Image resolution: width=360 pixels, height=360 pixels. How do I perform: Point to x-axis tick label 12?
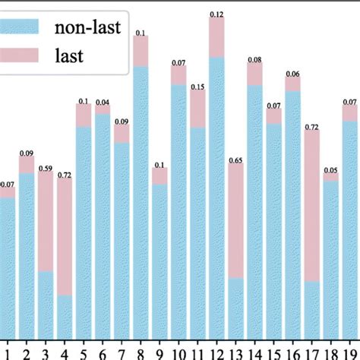pyautogui.click(x=216, y=352)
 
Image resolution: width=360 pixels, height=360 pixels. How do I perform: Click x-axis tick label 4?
pyautogui.click(x=65, y=352)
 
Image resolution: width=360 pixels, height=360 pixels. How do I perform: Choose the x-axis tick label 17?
pyautogui.click(x=311, y=352)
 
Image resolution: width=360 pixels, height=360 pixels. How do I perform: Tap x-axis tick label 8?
pyautogui.click(x=141, y=352)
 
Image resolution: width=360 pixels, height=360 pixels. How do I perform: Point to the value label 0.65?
pyautogui.click(x=235, y=160)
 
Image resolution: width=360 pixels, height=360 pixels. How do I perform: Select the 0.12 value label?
pyautogui.click(x=216, y=14)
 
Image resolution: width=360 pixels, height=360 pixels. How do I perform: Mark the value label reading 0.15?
pyautogui.click(x=197, y=87)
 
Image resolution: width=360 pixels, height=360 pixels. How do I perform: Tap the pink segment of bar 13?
pyautogui.click(x=235, y=221)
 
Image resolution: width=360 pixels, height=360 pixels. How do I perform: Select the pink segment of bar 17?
pyautogui.click(x=311, y=205)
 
